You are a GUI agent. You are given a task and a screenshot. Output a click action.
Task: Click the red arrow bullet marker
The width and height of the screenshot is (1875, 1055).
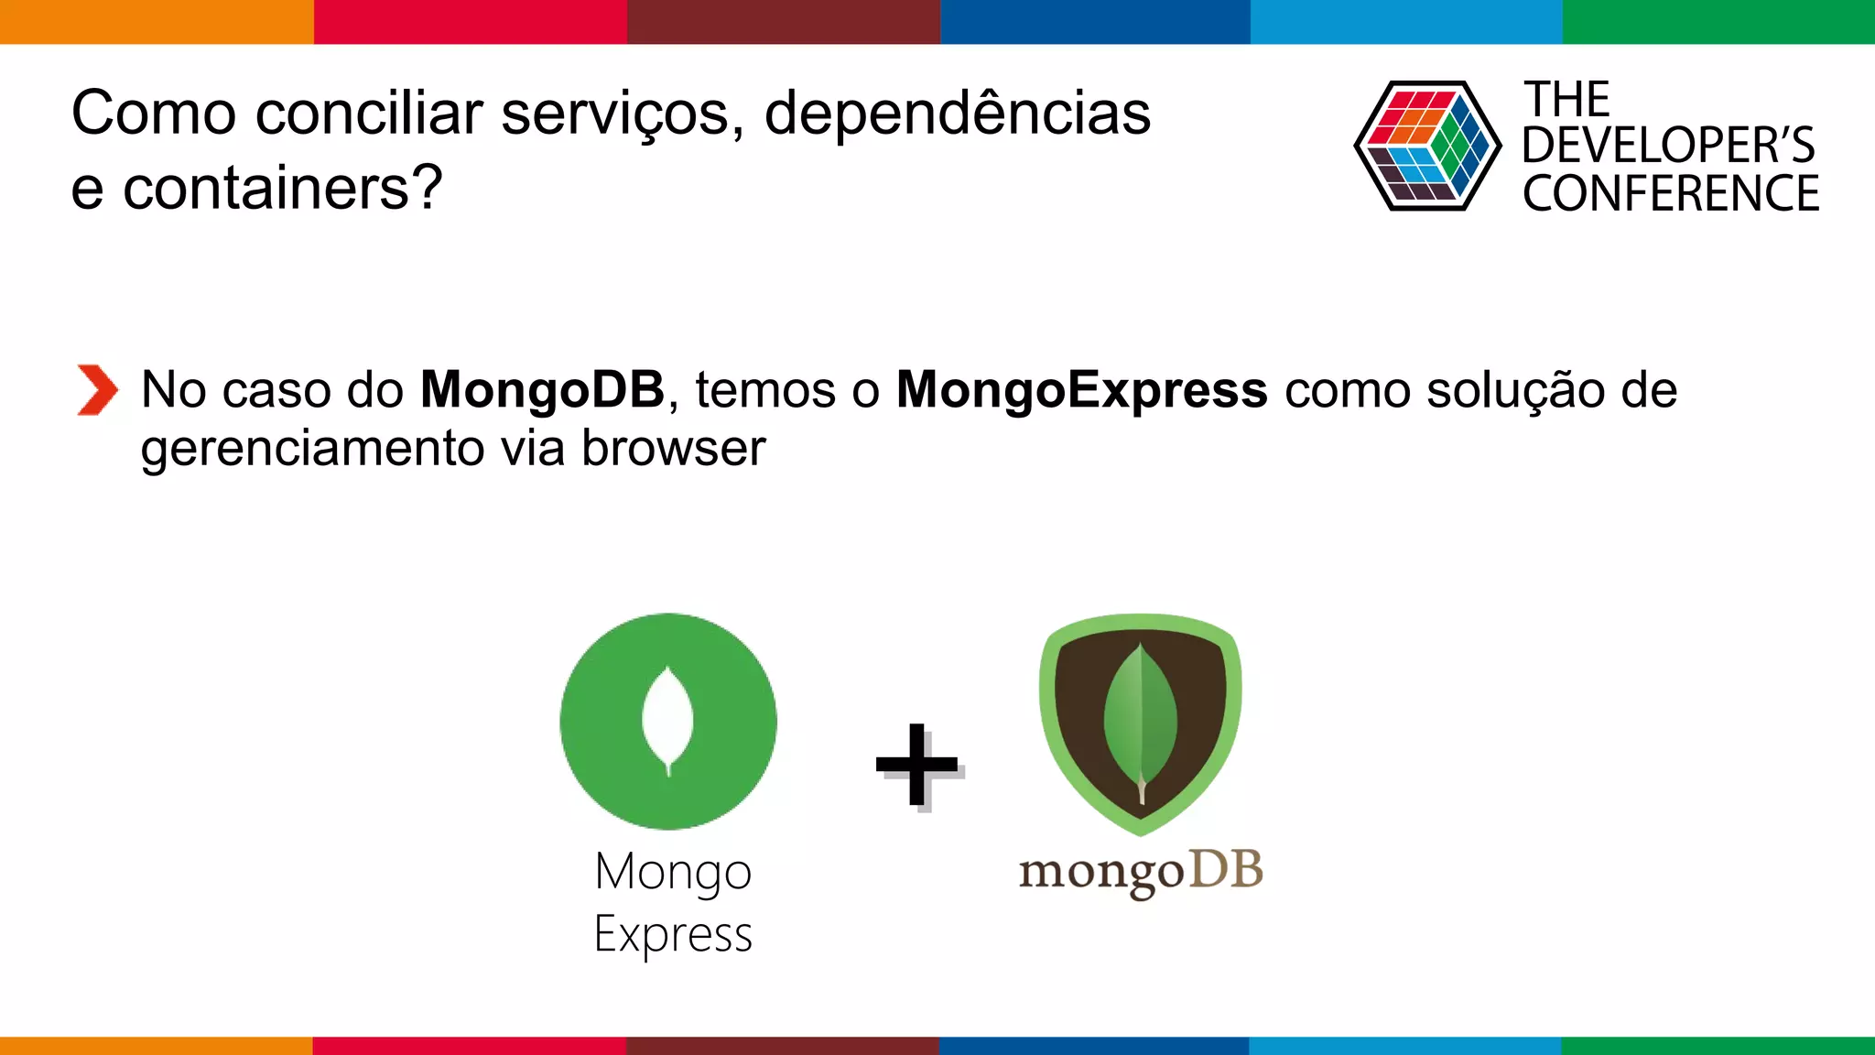(97, 390)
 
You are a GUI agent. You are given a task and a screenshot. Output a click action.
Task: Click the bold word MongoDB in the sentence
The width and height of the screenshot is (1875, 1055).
(542, 390)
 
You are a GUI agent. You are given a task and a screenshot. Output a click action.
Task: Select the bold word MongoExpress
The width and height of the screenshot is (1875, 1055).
(1081, 390)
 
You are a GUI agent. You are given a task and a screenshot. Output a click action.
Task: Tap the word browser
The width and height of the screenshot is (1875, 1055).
(673, 449)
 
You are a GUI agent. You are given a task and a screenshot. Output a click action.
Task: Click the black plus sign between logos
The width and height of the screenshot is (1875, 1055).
(916, 765)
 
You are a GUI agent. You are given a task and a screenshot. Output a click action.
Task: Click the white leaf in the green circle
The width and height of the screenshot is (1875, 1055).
(668, 720)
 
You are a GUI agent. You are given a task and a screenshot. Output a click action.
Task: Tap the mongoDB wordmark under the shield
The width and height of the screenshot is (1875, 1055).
(1140, 872)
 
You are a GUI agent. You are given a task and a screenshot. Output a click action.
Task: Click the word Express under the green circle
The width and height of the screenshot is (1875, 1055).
(673, 935)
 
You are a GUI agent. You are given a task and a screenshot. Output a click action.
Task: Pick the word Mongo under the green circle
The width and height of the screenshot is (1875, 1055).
(673, 872)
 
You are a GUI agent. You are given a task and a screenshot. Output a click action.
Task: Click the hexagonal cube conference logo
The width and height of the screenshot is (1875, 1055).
(1427, 146)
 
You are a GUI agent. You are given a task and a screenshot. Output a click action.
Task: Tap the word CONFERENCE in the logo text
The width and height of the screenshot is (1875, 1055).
(1671, 194)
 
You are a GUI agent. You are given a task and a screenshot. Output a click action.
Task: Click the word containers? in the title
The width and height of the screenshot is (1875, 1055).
(283, 188)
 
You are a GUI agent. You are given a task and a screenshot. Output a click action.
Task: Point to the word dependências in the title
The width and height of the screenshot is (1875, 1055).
(957, 114)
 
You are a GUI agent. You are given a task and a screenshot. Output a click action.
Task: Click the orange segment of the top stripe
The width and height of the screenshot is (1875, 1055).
(156, 21)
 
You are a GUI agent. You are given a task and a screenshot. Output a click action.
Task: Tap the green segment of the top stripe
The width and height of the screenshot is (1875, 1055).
(1718, 21)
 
